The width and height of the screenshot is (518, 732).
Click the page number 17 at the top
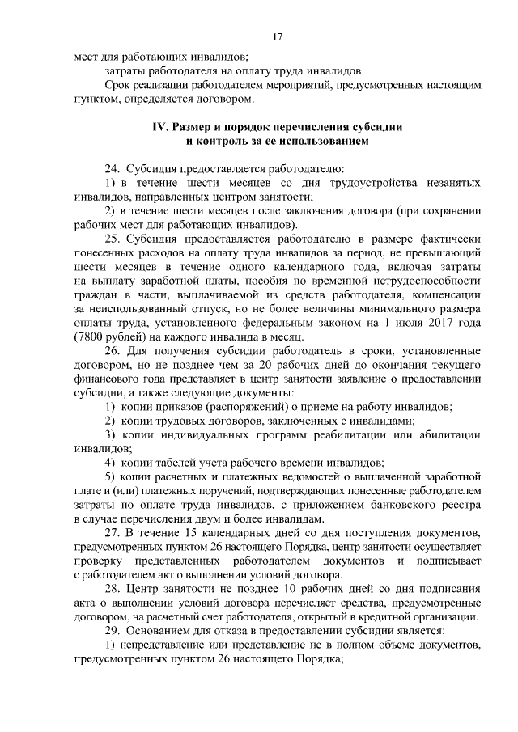point(276,37)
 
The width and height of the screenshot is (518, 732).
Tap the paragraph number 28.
point(112,590)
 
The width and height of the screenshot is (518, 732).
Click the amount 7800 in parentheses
point(90,336)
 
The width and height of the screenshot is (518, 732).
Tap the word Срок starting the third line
point(118,86)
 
